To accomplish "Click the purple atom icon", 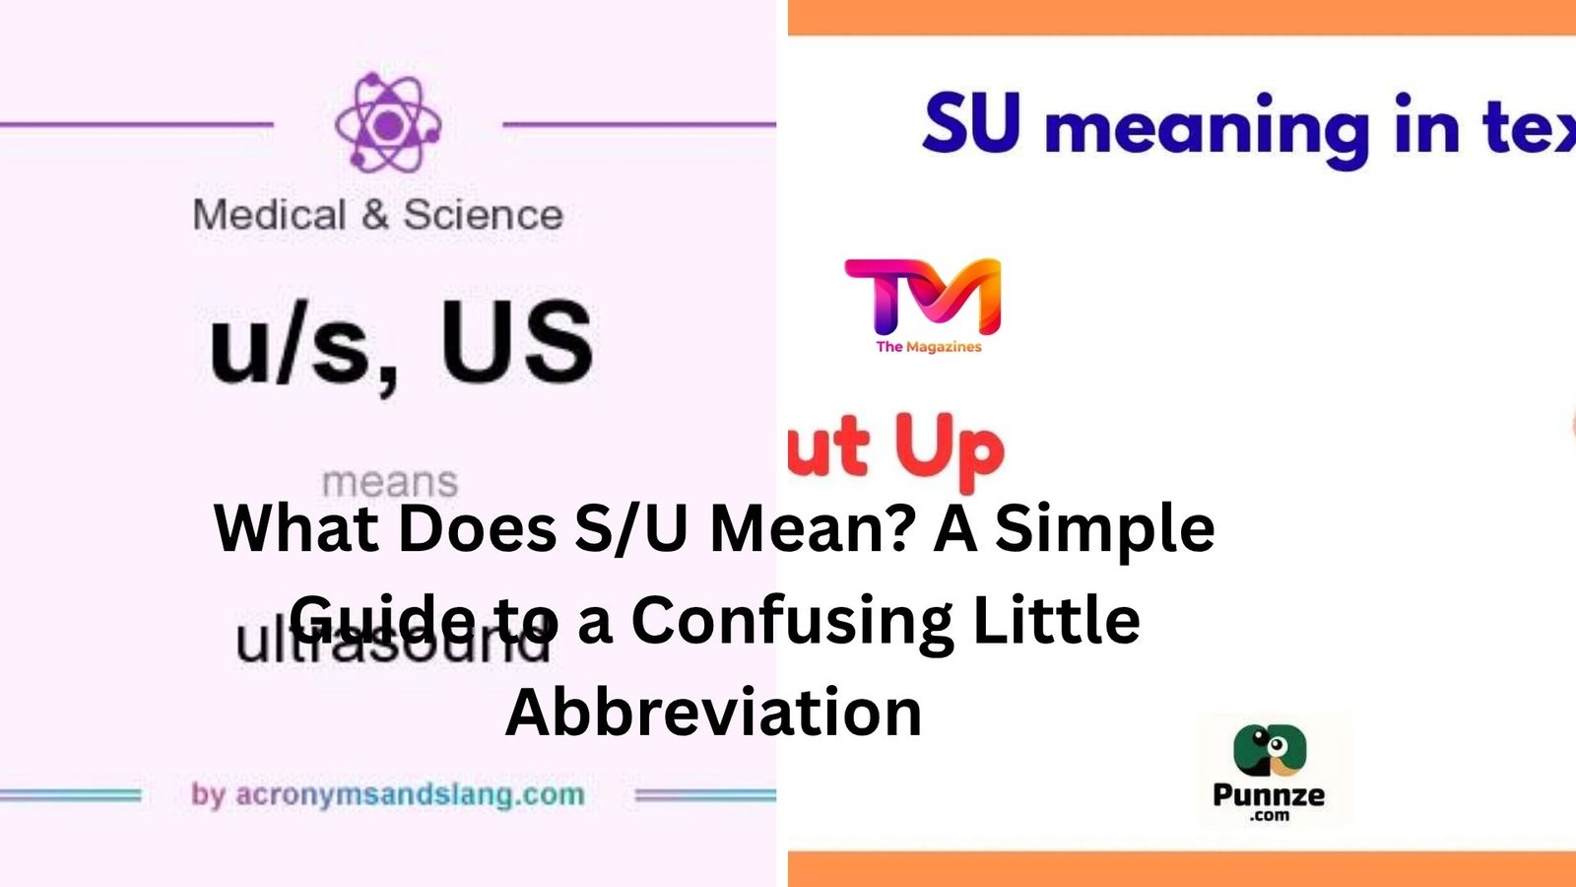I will coord(387,124).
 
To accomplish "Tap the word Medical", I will coord(269,215).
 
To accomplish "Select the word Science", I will coord(483,215).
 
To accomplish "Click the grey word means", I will coord(390,482).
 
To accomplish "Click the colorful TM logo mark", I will coord(923,296).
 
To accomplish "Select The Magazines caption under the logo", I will coord(929,347).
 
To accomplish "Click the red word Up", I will coord(949,448).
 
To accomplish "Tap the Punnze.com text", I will coord(1269,799).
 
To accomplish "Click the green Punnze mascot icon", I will coord(1270,751).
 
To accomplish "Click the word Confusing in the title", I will coord(792,620).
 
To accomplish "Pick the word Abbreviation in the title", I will coord(713,711).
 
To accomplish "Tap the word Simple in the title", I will coord(1104,528).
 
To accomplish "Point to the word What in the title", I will coord(296,528).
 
